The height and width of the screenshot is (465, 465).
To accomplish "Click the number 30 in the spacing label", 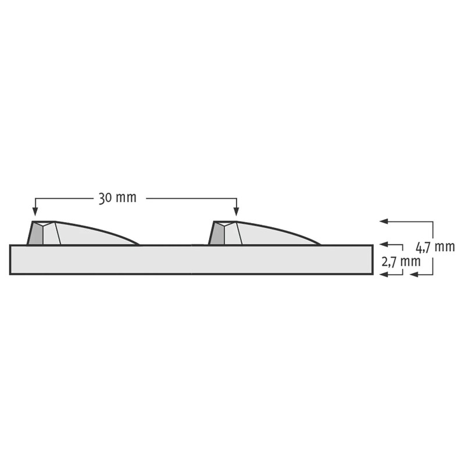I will coord(105,198).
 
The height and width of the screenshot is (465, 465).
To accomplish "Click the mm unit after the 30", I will coord(126,198).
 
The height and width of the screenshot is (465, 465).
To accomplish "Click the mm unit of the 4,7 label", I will coord(446,246).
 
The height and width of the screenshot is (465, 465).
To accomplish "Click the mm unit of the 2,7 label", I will coord(411,262).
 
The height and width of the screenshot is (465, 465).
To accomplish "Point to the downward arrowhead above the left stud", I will coord(35,212).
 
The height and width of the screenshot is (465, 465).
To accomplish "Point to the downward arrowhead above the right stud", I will coord(235,212).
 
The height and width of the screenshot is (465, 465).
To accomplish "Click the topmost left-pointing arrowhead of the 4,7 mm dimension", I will coord(382,221).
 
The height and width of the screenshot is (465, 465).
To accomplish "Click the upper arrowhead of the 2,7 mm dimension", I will coord(382,245).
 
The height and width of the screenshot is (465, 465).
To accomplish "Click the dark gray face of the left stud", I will coord(36,234).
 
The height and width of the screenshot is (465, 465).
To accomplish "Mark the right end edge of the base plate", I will coord(372,259).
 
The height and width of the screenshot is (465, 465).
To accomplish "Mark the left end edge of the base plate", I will coord(10,259).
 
